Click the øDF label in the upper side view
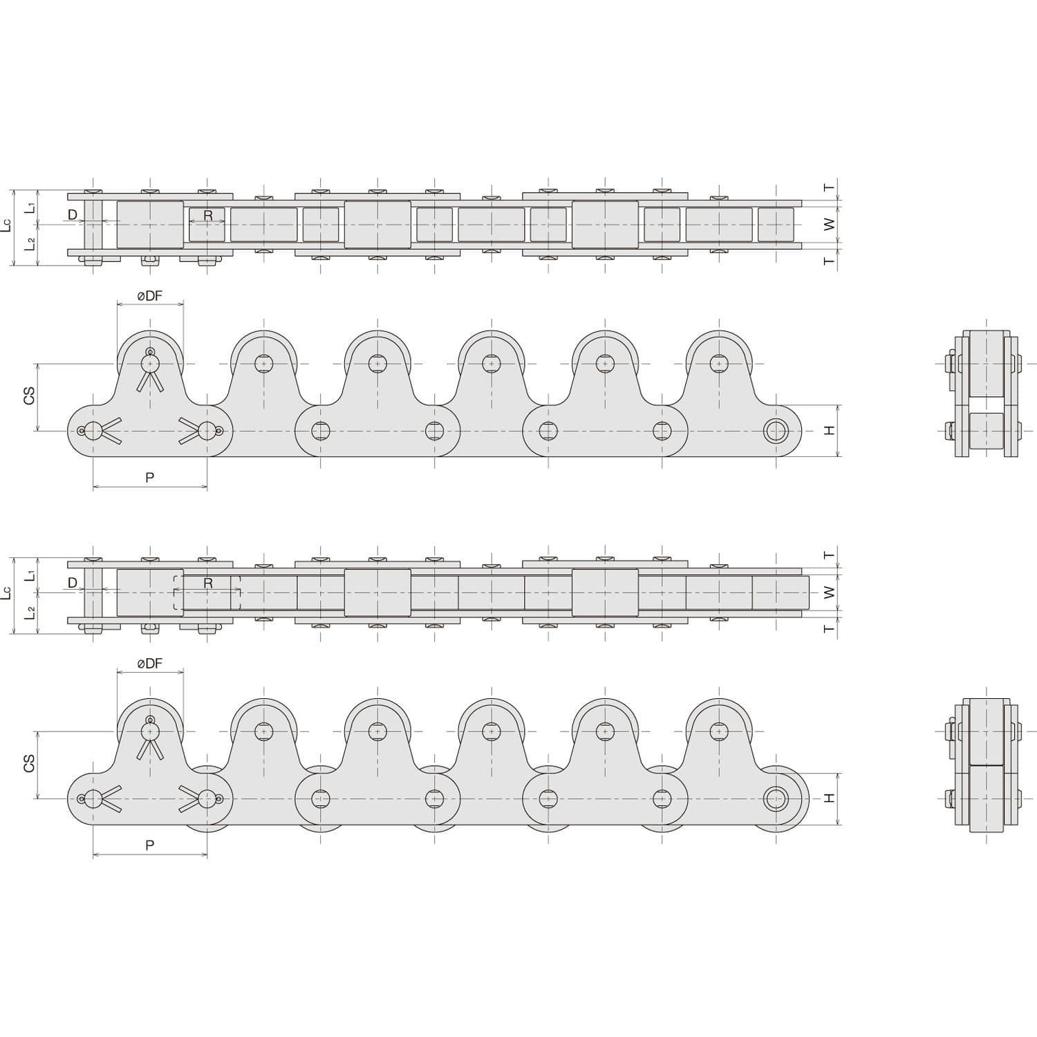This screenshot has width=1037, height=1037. tap(149, 296)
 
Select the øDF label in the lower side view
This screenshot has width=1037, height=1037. tap(149, 664)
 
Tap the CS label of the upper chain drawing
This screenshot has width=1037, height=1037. tap(29, 397)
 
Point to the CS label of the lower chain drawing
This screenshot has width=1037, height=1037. tap(29, 764)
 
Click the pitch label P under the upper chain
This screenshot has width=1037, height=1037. tap(149, 477)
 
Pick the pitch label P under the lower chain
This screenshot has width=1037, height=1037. tap(149, 845)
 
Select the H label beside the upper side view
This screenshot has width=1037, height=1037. tap(830, 430)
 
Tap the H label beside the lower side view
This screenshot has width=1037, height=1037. tap(830, 798)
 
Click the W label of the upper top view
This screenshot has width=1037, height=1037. tap(830, 224)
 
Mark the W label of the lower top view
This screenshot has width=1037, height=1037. tap(830, 592)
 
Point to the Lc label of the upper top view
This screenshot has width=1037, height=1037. tap(6, 225)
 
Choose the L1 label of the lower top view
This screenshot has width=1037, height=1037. tap(30, 575)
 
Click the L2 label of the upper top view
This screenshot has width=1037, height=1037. tap(30, 243)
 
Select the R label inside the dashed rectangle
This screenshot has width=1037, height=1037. tap(207, 583)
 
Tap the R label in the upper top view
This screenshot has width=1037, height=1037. tap(207, 216)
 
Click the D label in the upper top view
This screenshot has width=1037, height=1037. tap(73, 215)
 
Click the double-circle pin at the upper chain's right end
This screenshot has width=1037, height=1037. tap(776, 431)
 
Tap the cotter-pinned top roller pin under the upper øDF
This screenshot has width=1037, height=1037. tap(150, 363)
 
